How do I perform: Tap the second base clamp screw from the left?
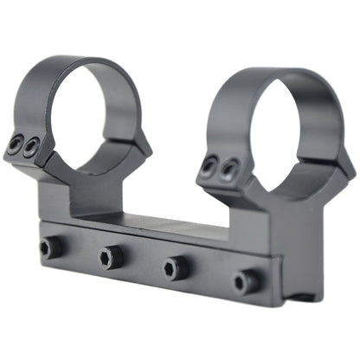pos(110,255)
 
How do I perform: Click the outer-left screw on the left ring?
pos(16,147)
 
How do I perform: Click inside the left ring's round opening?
pos(93,122)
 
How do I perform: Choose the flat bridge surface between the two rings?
pos(156,221)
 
